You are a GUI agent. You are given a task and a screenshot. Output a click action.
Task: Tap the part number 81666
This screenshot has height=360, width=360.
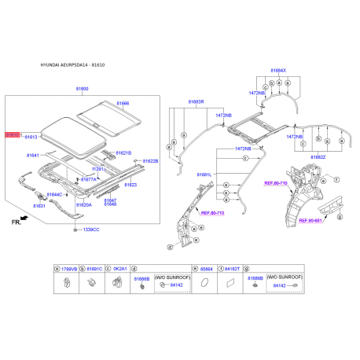[x=123, y=104]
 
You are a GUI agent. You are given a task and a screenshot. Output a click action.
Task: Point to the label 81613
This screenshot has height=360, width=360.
[x=31, y=138]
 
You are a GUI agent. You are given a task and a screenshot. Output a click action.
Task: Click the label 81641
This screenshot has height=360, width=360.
[x=33, y=156]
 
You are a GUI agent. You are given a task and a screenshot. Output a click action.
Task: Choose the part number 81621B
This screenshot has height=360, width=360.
[x=123, y=152]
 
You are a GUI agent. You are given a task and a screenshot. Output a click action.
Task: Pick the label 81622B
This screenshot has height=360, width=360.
[x=150, y=161]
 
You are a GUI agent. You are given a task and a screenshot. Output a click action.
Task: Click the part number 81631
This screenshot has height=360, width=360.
[x=39, y=206]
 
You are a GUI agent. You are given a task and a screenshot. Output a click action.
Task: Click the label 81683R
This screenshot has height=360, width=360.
[x=195, y=101]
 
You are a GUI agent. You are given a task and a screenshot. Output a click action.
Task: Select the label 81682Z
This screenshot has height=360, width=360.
[x=318, y=156]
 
